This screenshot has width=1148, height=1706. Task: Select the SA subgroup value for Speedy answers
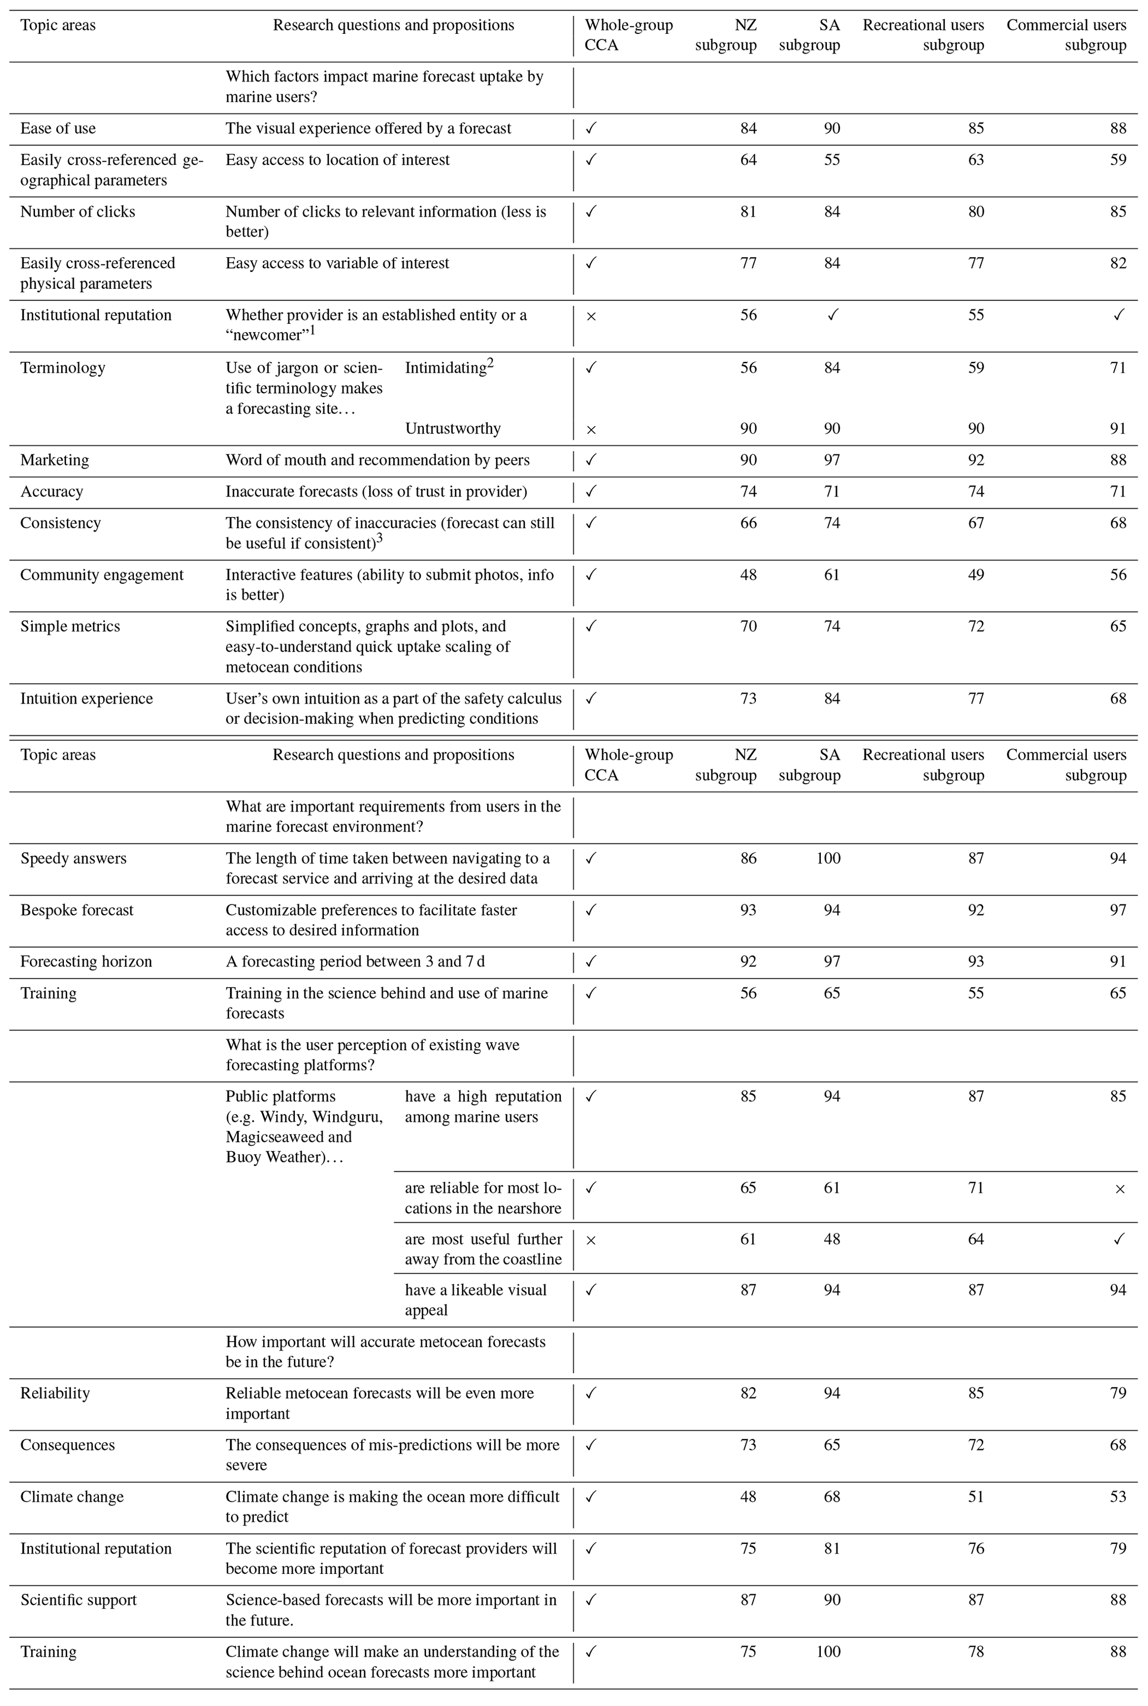828,859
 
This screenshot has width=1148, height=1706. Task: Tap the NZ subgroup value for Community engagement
748,575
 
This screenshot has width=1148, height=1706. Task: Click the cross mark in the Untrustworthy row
591,430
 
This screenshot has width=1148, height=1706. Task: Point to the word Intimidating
446,368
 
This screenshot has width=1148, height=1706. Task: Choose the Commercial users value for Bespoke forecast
1117,910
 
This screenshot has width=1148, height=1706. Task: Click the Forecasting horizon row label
86,962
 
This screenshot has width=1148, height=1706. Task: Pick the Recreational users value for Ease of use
975,129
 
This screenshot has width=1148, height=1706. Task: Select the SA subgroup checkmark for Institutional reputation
832,315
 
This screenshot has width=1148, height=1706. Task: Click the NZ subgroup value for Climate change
748,1497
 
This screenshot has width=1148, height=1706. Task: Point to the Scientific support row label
78,1600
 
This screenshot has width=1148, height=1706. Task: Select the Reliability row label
55,1393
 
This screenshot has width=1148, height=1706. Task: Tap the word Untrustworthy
453,429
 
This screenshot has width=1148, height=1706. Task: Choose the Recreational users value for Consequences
975,1446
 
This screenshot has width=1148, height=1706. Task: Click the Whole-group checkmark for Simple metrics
591,626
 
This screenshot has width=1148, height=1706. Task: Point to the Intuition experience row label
87,699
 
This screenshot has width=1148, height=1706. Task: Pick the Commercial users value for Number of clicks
1117,212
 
